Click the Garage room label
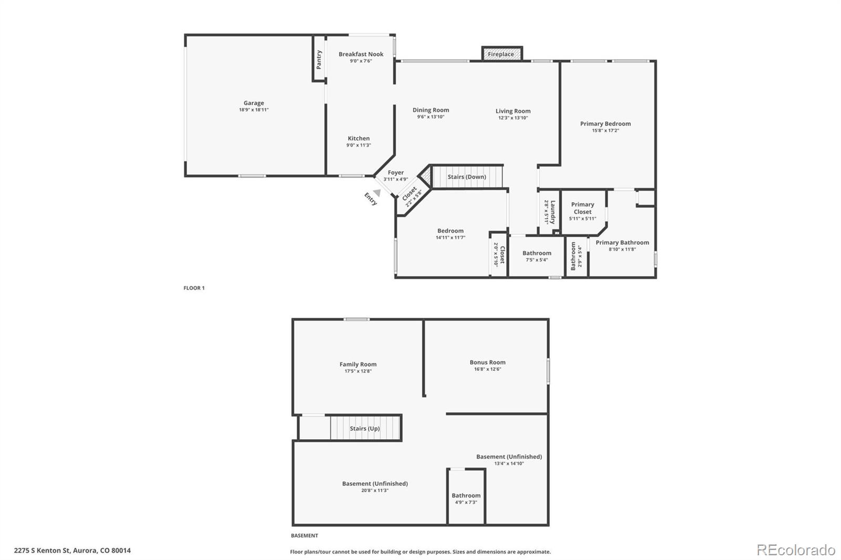(x=253, y=103)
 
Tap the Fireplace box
(x=501, y=54)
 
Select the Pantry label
(x=319, y=59)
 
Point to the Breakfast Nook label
(x=361, y=54)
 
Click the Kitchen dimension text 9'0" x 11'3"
(x=358, y=145)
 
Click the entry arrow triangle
(x=377, y=193)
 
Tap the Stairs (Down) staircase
(x=467, y=177)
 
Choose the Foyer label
(x=396, y=172)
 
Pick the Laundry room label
(x=552, y=212)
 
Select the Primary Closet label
(x=582, y=208)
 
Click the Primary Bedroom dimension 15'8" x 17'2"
(x=606, y=130)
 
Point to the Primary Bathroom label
(x=622, y=243)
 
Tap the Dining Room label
(x=430, y=110)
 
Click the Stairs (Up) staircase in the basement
(x=365, y=428)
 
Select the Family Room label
(x=358, y=364)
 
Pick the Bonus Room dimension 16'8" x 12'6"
(x=487, y=369)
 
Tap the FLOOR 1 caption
(x=194, y=288)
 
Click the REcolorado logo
(x=796, y=550)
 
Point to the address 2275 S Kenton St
(x=73, y=551)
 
